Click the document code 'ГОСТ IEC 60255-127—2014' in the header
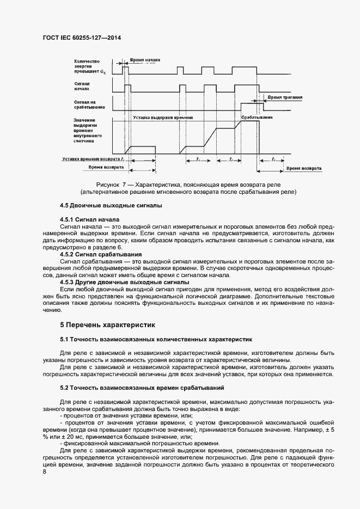tap(81, 38)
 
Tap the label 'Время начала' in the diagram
tap(145, 58)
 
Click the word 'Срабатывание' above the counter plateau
tap(256, 117)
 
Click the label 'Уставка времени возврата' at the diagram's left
tap(93, 158)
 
